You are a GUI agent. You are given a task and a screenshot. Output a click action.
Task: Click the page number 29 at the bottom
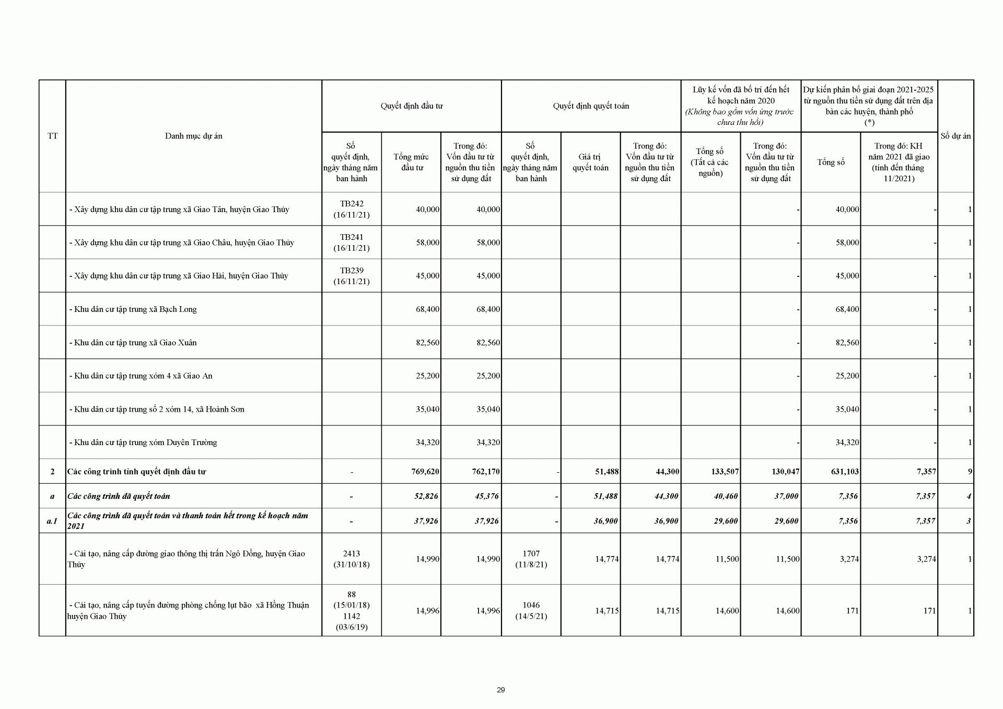click(x=501, y=690)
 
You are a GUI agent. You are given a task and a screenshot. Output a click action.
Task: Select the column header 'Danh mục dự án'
click(x=194, y=136)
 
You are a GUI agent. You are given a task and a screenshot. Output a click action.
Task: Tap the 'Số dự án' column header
click(x=955, y=136)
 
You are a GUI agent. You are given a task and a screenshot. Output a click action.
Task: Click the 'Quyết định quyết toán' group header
click(x=591, y=106)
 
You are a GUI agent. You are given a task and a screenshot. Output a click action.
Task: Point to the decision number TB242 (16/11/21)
click(x=352, y=209)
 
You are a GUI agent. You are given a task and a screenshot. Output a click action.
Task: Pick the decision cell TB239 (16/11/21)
click(x=352, y=276)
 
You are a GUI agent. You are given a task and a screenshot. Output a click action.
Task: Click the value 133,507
click(x=725, y=471)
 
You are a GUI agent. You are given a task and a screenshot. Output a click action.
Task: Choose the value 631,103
click(x=845, y=471)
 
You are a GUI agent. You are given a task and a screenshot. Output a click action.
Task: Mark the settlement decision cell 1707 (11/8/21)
click(x=531, y=559)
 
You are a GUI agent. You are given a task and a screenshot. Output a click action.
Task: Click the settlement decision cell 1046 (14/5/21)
click(x=531, y=610)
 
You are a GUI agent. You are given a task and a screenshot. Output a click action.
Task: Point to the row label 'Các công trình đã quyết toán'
click(x=119, y=496)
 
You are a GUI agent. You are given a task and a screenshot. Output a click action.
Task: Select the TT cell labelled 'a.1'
click(x=52, y=521)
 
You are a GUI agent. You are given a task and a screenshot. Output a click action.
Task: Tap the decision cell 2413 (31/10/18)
click(x=352, y=559)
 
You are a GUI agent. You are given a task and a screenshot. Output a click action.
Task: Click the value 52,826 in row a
click(x=426, y=496)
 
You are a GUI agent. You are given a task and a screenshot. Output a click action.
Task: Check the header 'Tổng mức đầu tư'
click(x=411, y=162)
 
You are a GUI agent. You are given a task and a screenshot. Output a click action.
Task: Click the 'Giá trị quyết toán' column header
click(x=590, y=162)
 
